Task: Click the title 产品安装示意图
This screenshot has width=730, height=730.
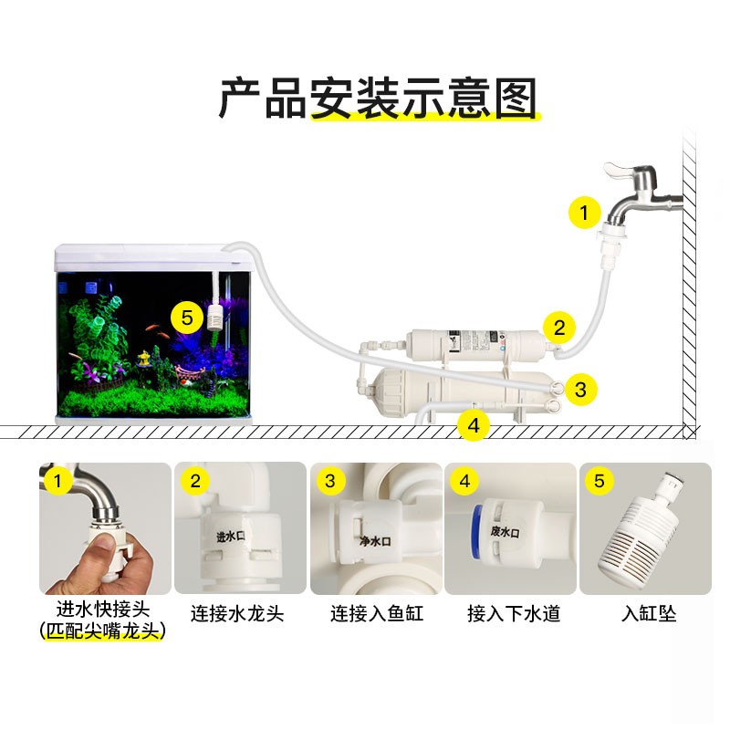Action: (377, 99)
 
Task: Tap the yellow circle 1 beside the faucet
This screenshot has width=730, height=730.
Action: (584, 213)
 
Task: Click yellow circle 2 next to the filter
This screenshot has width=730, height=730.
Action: (560, 326)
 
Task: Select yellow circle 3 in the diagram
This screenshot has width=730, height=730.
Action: (580, 390)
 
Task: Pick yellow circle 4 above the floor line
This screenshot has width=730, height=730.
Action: (473, 424)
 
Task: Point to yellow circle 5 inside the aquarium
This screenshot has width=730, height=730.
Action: (187, 318)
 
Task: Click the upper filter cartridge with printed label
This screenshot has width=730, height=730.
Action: (474, 345)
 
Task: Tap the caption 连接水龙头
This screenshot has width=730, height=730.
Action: (237, 613)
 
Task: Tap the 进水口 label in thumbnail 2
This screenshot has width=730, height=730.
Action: (230, 537)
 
